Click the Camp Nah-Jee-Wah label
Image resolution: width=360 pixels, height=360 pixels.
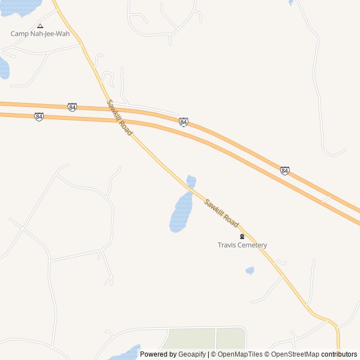[40, 34]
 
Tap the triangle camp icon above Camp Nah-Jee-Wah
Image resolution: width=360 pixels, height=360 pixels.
[40, 25]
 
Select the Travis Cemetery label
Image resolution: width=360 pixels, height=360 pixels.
[242, 245]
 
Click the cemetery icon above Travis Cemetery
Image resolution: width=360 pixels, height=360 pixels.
[242, 237]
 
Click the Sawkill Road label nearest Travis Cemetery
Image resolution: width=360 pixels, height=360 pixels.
[222, 213]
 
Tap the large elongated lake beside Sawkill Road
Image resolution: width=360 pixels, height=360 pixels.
[181, 213]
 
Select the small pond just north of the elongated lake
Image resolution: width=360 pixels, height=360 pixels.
[191, 182]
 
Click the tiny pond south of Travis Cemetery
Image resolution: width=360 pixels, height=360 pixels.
[250, 271]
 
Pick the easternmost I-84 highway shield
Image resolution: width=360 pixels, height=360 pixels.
[285, 170]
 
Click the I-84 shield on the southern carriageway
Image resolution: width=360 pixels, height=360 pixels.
[38, 116]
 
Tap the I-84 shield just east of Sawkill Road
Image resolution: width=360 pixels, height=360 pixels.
[183, 122]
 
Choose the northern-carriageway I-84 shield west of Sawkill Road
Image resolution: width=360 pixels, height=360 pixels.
[72, 107]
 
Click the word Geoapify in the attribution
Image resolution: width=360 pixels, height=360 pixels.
[192, 354]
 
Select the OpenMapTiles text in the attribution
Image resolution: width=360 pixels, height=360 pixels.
[240, 354]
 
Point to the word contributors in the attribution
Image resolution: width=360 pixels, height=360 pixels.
[339, 354]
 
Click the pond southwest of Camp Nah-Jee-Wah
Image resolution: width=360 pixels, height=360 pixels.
[3, 67]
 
